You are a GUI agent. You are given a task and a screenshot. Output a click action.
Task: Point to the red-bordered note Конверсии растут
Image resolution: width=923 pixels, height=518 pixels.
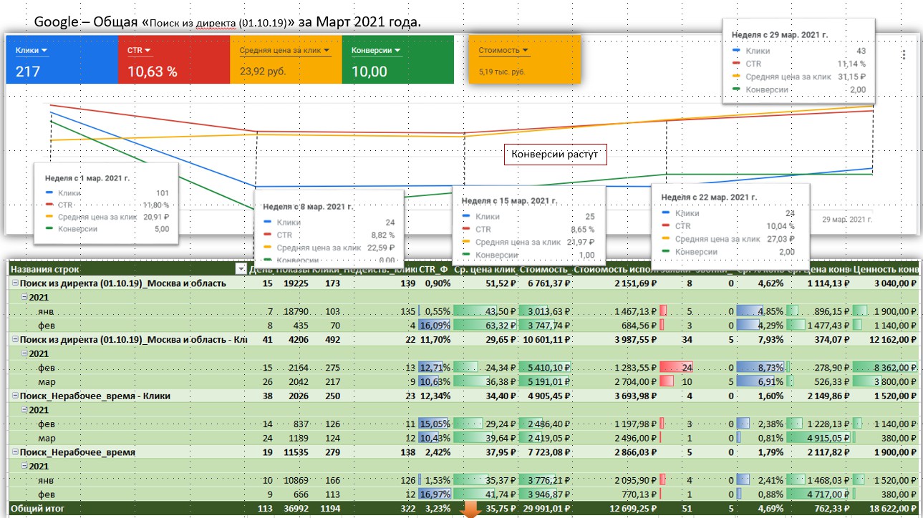[x=555, y=155]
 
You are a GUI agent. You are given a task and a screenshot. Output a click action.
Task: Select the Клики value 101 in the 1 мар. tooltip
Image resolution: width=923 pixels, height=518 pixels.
[x=162, y=192]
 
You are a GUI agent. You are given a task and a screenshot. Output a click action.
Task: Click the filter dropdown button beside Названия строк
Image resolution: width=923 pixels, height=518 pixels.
[x=241, y=269]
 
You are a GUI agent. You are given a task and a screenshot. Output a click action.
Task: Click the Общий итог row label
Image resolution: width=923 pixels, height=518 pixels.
[x=34, y=509]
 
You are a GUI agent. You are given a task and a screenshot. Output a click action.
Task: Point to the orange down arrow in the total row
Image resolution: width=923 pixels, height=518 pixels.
[x=470, y=509]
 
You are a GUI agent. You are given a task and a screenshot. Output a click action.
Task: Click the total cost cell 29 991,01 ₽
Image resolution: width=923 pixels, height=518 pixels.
[x=544, y=509]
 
